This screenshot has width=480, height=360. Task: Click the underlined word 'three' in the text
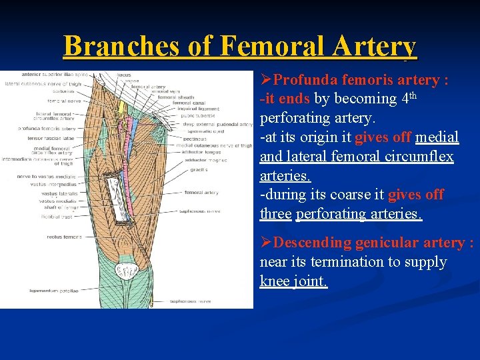275,214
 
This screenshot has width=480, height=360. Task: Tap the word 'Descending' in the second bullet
313,243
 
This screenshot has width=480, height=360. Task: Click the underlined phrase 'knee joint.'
293,281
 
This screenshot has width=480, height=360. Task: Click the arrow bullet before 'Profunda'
266,80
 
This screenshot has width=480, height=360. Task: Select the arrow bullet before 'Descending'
266,243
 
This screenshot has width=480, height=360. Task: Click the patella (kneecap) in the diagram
126,271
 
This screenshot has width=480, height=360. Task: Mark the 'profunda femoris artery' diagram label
47,128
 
